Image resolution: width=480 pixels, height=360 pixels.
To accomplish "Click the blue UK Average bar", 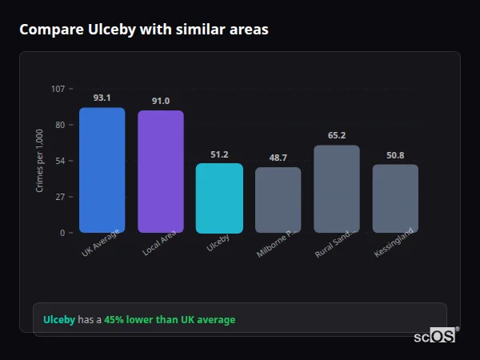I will point(102,170).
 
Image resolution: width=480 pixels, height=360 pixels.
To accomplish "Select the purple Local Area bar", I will point(161,171).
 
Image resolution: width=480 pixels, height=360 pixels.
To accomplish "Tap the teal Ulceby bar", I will point(219,198).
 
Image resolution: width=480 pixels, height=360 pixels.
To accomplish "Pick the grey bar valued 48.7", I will point(278,200).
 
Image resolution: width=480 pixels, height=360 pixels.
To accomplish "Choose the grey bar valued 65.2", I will point(337,189).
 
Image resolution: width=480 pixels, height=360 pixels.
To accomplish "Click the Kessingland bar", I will point(395,198).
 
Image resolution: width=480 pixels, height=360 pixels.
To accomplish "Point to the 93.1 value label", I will point(102,98).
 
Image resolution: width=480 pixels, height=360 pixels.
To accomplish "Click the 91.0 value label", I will point(161,101).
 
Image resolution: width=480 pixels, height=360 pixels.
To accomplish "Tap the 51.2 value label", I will point(219,154).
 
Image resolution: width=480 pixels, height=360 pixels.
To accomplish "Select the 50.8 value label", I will point(395,155).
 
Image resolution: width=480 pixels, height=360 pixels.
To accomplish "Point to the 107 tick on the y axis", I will point(58,88).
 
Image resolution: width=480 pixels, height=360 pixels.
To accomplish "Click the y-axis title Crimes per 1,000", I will point(40,161).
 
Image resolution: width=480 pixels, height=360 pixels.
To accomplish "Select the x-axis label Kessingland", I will point(394,243).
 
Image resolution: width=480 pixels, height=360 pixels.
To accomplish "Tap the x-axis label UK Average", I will point(100,243).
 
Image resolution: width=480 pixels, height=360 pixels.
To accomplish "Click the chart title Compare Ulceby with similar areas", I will point(144,30).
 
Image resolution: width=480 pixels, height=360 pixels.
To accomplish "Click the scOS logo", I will point(435,336).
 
